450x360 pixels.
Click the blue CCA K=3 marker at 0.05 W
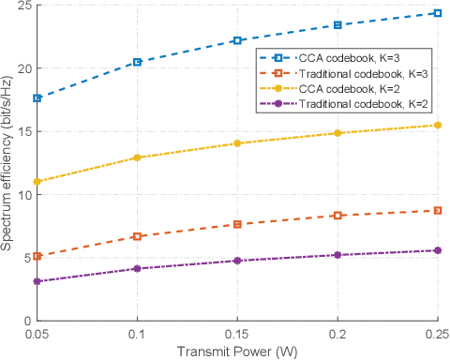(37, 98)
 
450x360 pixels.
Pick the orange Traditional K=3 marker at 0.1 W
(138, 236)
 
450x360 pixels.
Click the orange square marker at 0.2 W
(337, 216)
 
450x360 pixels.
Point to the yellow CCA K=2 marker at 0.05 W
(37, 182)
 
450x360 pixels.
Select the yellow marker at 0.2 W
(337, 133)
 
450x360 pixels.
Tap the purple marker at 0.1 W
(138, 269)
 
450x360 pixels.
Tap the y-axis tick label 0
(27, 321)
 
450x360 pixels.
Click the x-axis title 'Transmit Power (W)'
(237, 352)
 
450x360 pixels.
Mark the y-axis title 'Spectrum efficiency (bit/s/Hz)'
(7, 163)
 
